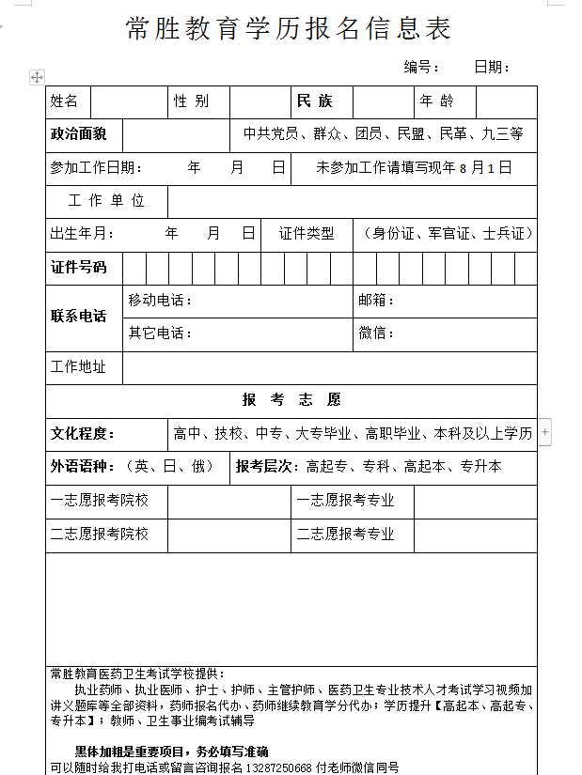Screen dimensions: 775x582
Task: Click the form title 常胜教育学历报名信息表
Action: click(289, 29)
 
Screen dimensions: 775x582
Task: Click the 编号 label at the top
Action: click(422, 67)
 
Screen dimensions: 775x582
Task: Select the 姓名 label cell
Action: click(65, 101)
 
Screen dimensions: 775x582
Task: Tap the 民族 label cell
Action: click(314, 101)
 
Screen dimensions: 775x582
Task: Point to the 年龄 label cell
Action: click(436, 101)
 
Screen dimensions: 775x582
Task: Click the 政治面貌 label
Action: click(79, 134)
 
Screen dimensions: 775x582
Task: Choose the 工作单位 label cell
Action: click(106, 201)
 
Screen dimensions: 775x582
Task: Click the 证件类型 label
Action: click(307, 234)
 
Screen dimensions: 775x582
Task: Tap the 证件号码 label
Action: click(79, 268)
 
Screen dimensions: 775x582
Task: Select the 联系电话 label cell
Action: click(79, 316)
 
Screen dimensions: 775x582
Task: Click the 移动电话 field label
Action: click(160, 301)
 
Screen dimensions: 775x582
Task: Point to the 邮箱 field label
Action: click(376, 301)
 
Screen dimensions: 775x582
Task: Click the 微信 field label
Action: click(376, 333)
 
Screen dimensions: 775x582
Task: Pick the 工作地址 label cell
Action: click(79, 367)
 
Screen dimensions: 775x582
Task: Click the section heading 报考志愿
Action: click(291, 400)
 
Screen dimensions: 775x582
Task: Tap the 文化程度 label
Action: click(83, 434)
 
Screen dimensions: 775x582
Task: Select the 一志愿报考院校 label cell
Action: click(100, 501)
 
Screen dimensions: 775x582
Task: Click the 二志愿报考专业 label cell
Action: click(346, 535)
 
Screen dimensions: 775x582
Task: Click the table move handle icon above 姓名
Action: click(38, 77)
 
